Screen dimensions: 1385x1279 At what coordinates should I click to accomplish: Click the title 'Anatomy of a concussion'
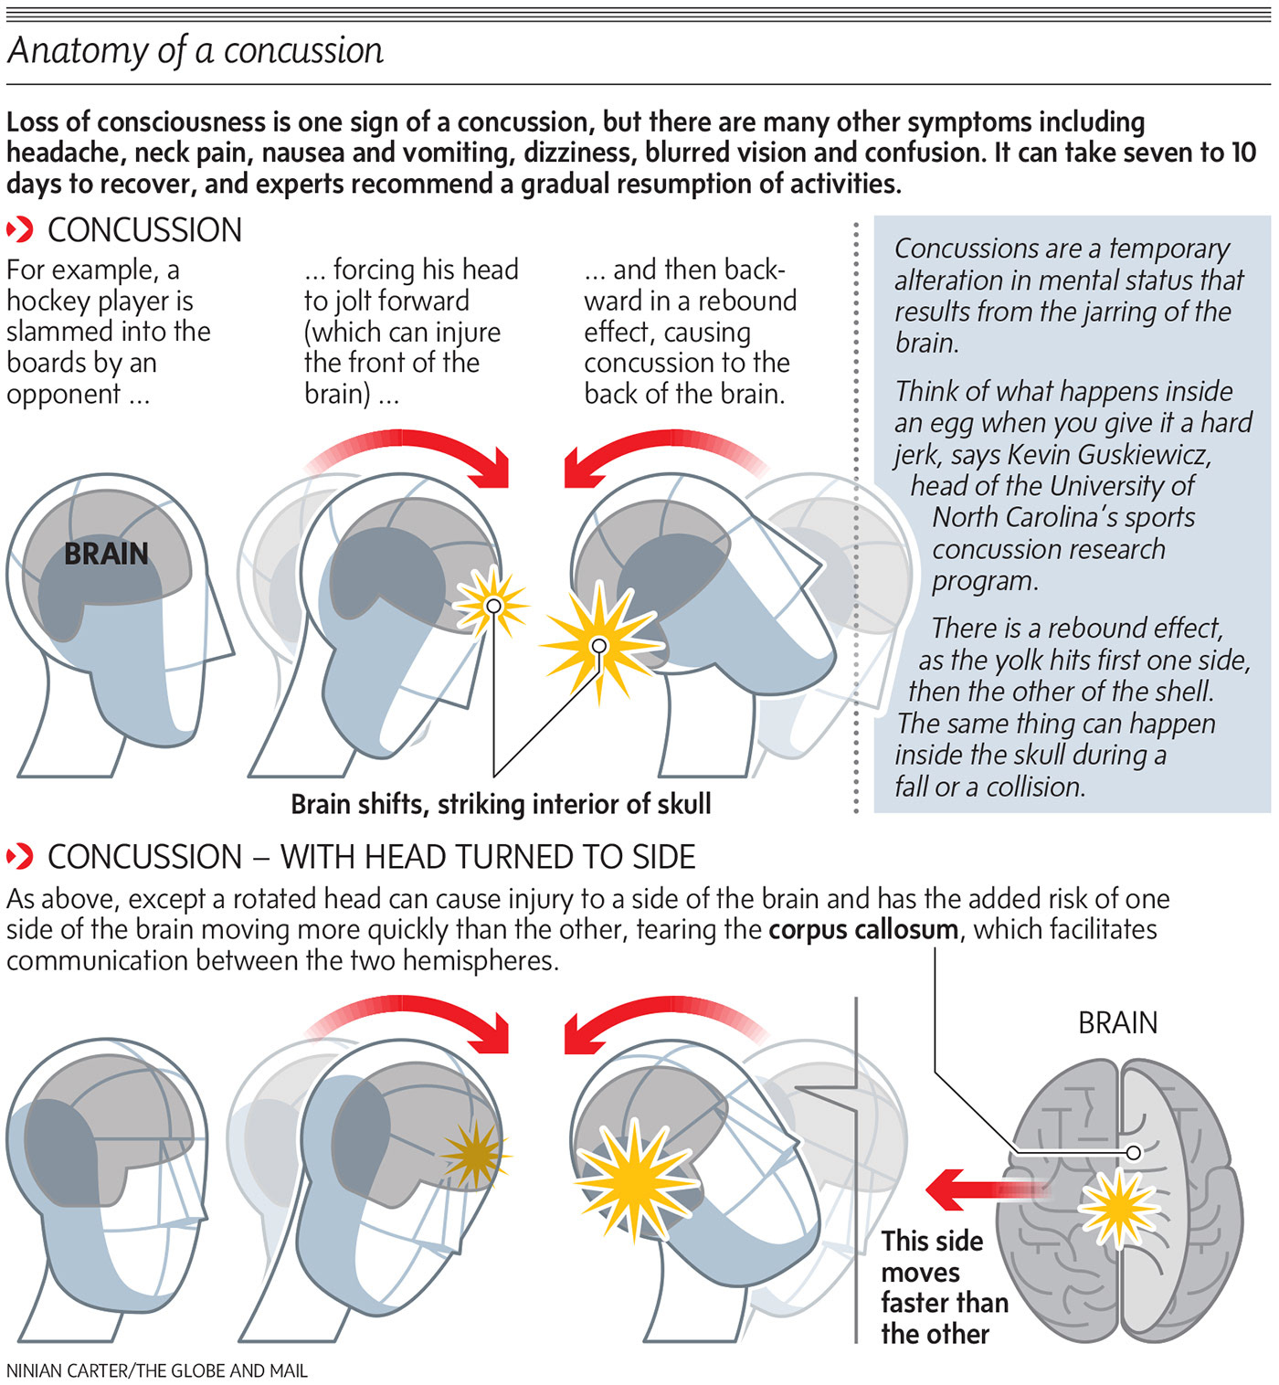(x=196, y=50)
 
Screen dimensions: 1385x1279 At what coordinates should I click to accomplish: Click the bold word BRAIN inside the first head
(x=106, y=554)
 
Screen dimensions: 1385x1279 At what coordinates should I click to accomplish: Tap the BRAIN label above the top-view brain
(x=1117, y=1022)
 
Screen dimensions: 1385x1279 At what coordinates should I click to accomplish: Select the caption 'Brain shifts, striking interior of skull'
(x=501, y=804)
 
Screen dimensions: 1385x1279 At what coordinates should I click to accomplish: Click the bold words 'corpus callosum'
(x=863, y=930)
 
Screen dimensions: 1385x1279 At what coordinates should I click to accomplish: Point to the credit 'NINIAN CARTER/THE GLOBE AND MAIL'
(x=157, y=1370)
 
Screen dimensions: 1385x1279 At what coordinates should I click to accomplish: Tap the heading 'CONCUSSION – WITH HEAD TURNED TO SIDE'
(x=371, y=857)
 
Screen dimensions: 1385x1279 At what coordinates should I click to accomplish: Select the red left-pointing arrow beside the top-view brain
(x=982, y=1189)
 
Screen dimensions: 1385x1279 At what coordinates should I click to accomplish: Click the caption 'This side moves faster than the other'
(x=943, y=1287)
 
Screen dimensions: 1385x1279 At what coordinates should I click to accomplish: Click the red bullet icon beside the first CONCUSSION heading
(x=20, y=229)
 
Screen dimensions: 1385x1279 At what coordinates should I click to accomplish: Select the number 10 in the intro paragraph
(x=1242, y=153)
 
